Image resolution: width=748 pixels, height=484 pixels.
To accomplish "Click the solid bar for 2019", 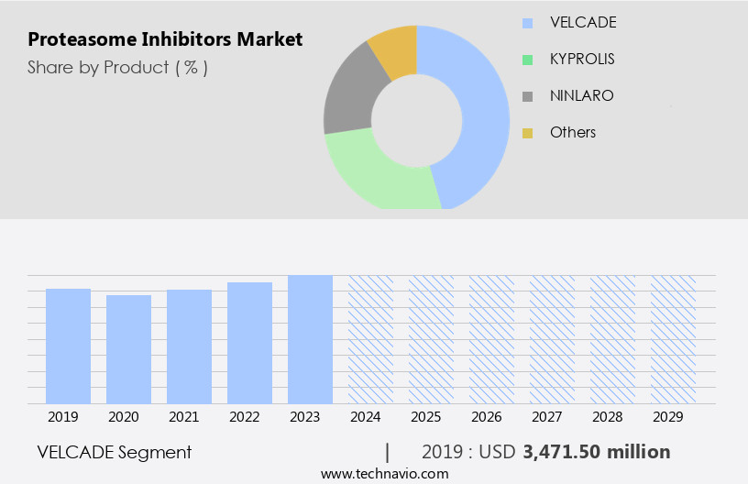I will coord(68,346).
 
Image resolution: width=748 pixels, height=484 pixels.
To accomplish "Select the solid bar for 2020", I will coord(128,349).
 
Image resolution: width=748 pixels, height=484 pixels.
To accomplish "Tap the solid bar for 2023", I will coord(310,339).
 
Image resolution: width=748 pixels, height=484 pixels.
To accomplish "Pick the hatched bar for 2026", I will coord(491,339).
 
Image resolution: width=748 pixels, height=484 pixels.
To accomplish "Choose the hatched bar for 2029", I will coord(673,339).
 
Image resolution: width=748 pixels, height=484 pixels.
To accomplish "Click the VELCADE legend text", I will coord(583,22).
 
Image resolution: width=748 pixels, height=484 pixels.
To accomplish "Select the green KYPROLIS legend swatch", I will coord(527,60).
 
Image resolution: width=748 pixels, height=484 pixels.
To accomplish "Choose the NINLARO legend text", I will coord(581,95).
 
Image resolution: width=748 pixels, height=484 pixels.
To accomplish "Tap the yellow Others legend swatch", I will coord(527,133).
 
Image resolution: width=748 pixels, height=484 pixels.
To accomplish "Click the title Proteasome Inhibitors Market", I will coord(165,39).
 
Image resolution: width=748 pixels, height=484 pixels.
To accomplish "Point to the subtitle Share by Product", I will coord(117,67).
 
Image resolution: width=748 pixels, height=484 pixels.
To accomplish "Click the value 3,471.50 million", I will coord(596,452).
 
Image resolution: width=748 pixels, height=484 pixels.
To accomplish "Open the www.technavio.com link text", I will coord(384,474).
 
